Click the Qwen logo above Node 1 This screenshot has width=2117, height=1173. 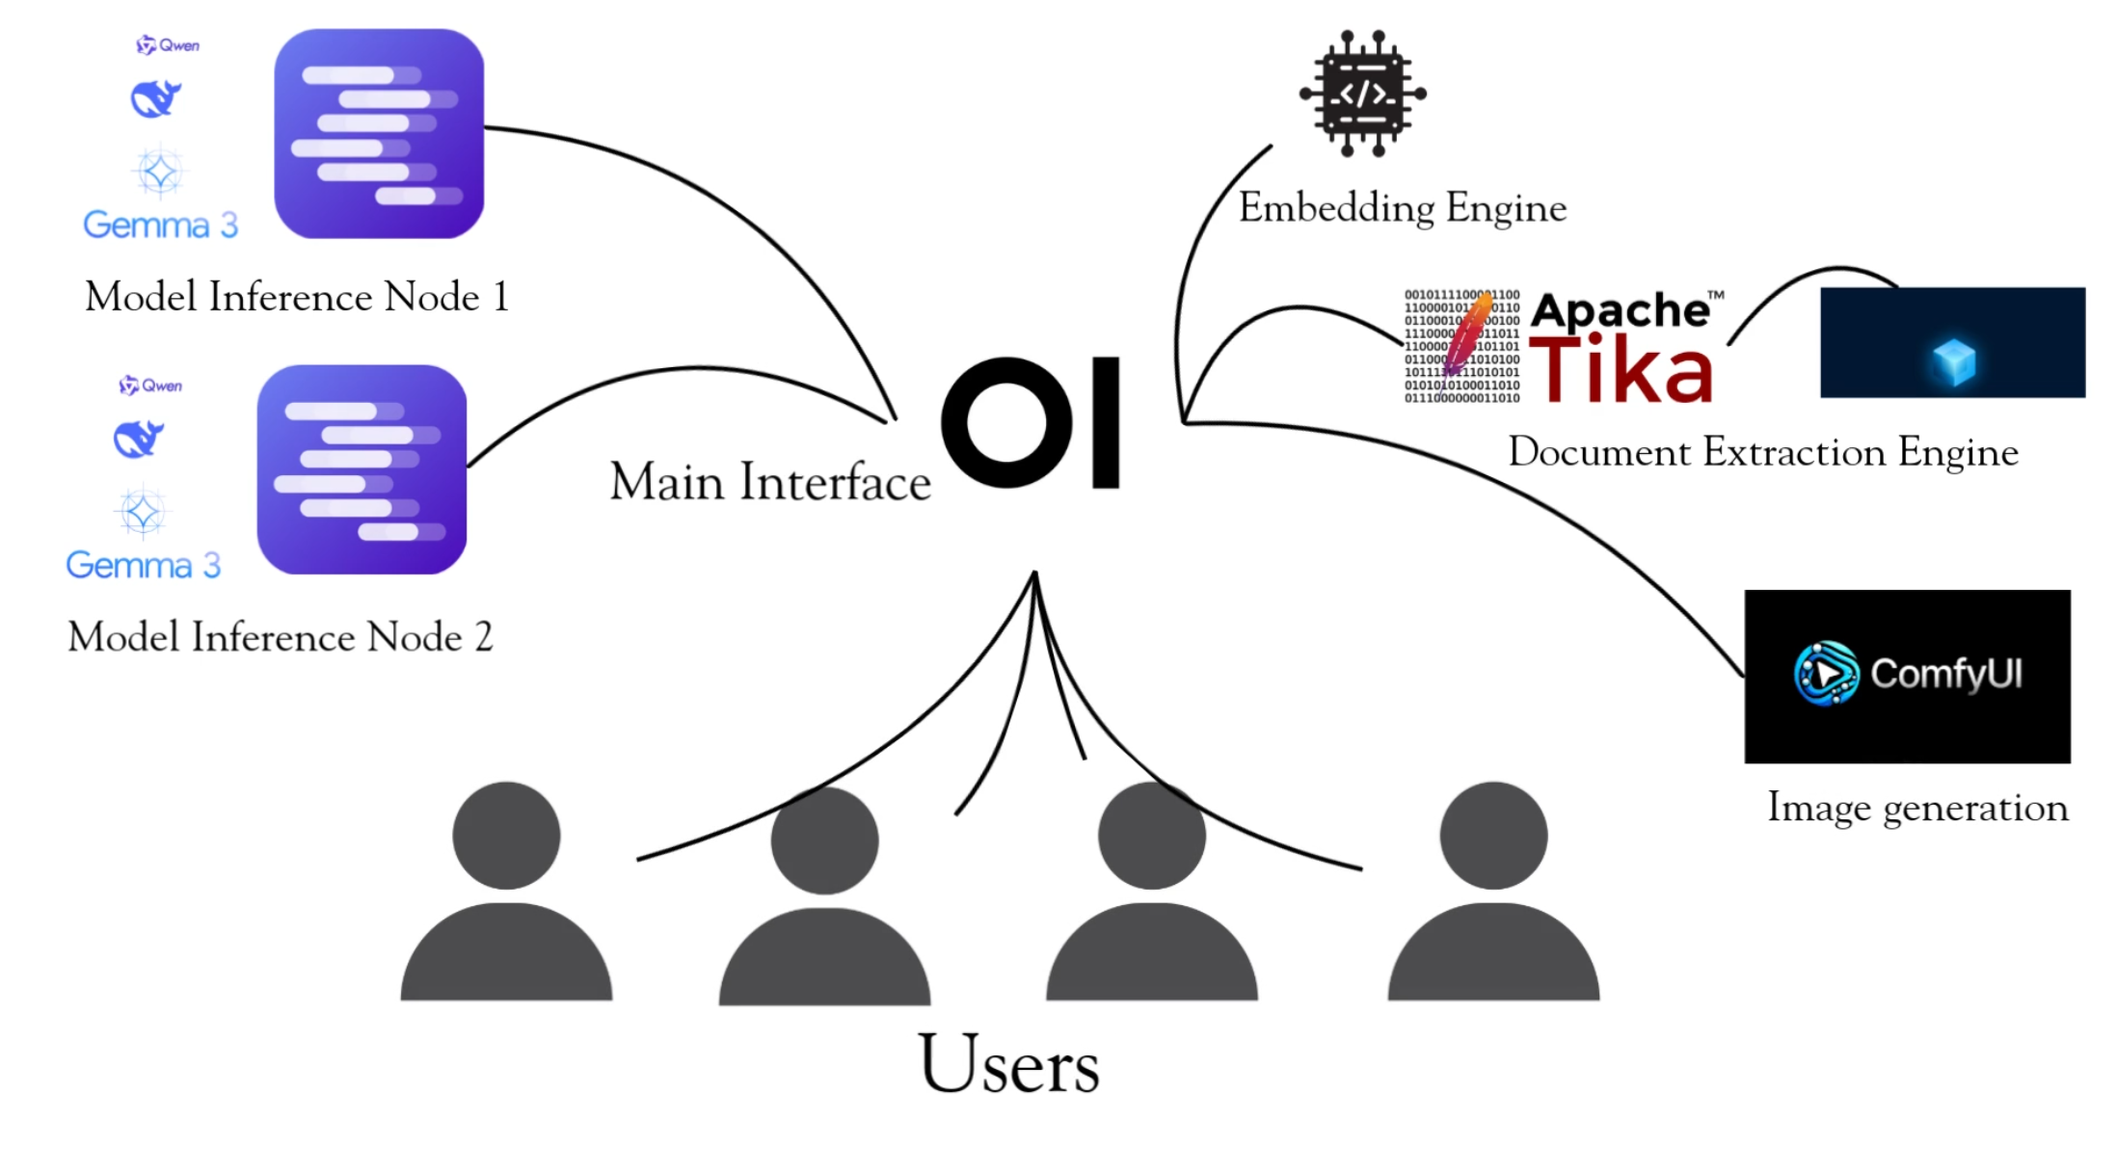(x=168, y=45)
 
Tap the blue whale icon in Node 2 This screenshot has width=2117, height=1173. (x=138, y=439)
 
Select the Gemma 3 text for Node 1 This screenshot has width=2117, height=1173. (x=160, y=225)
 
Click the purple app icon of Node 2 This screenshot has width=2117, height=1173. (x=362, y=469)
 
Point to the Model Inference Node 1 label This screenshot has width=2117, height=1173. (x=296, y=297)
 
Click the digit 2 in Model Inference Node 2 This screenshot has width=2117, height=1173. (x=483, y=637)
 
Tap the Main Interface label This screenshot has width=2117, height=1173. (x=770, y=482)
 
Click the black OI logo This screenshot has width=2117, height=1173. (x=1030, y=422)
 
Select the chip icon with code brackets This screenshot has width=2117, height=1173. (x=1362, y=93)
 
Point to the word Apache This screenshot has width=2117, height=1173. (x=1620, y=310)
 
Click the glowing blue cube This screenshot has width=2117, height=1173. (x=1954, y=361)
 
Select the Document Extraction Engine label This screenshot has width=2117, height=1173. (x=1762, y=452)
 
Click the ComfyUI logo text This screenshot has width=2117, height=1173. (x=1945, y=674)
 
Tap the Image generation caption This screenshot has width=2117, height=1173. (x=1917, y=808)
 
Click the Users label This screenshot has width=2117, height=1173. (x=1008, y=1064)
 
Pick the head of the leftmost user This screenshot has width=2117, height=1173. (x=506, y=835)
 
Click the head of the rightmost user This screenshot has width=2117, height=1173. (x=1493, y=835)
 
